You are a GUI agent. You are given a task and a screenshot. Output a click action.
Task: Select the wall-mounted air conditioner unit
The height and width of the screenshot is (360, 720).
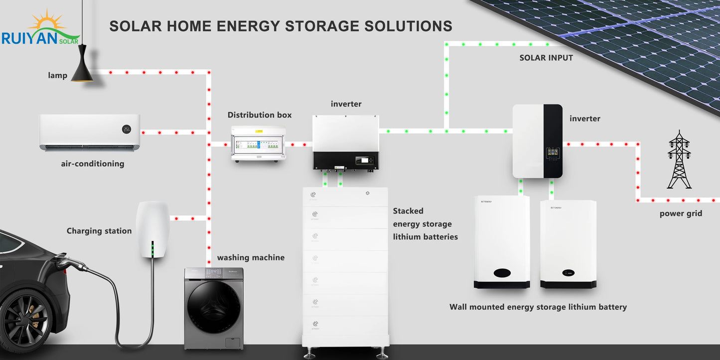[90, 132]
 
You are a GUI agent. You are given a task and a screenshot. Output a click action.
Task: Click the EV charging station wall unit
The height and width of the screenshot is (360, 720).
[153, 229]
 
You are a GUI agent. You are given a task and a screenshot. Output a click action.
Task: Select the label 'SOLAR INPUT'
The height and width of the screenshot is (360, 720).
[546, 58]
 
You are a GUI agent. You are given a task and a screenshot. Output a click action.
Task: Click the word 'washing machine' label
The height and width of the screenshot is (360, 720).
[251, 257]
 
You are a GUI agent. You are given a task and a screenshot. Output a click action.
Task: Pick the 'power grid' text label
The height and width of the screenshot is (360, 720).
[681, 214]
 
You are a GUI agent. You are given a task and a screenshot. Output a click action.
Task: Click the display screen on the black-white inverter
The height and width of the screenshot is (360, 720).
[552, 152]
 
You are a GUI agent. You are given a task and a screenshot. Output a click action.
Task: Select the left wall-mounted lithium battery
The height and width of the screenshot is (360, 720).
[502, 241]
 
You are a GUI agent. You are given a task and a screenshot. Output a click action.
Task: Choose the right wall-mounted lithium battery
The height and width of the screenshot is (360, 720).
[568, 244]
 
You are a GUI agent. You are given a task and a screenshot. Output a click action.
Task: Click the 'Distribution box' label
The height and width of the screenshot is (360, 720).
[260, 115]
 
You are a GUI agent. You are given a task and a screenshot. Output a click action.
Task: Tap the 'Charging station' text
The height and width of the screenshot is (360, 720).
[99, 231]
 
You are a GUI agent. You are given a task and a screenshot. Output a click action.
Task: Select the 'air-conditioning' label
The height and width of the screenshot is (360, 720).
[93, 163]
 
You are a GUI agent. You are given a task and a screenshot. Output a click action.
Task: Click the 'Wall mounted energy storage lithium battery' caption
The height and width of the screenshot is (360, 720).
[538, 307]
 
